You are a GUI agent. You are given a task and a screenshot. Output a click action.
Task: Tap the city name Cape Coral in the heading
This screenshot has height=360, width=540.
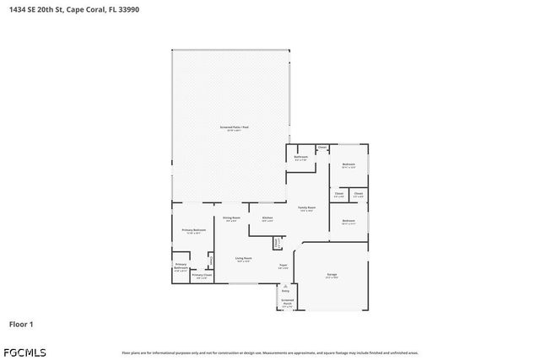click(89, 10)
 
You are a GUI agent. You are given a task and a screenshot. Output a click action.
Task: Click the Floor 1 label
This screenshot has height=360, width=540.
click(21, 324)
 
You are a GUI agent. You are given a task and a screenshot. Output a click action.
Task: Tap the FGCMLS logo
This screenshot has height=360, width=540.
click(24, 351)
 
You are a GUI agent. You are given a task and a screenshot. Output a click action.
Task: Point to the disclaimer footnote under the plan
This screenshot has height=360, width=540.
click(270, 352)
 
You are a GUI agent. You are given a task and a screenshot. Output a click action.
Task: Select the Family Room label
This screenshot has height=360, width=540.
click(306, 207)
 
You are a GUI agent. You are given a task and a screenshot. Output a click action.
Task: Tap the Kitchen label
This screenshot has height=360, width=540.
click(267, 218)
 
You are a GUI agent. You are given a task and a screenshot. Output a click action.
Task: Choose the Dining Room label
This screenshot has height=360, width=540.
click(231, 218)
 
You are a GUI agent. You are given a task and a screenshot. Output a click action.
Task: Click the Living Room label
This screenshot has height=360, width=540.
click(245, 259)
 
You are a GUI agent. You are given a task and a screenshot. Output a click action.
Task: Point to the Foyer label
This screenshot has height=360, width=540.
click(283, 266)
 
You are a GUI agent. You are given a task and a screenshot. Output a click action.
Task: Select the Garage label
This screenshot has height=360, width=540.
click(332, 275)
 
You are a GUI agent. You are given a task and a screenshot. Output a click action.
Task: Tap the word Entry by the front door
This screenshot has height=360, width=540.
click(285, 291)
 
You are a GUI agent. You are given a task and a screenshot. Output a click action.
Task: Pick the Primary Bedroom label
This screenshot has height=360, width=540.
click(193, 230)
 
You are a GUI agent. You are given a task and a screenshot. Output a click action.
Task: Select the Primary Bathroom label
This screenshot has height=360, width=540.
click(181, 266)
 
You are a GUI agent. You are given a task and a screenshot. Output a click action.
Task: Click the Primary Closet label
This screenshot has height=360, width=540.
click(202, 275)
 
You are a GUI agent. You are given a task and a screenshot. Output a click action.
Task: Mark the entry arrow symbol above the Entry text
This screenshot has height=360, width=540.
click(285, 286)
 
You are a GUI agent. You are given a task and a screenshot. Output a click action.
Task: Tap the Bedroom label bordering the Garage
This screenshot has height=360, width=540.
click(348, 221)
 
